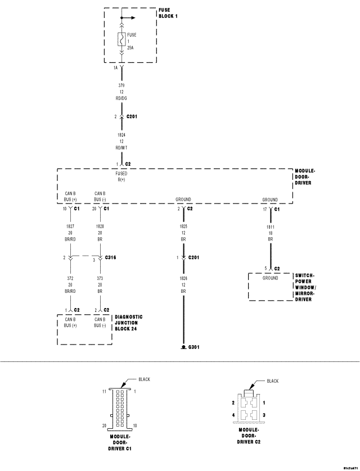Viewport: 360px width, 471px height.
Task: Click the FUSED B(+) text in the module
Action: pos(121,176)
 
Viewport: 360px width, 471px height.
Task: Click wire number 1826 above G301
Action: pos(183,278)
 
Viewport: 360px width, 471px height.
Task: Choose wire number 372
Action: pos(70,278)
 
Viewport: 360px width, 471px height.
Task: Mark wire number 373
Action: pos(100,278)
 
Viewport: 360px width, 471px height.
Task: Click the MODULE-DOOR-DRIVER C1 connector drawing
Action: pos(121,407)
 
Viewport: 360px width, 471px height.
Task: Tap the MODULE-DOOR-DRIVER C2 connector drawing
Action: pos(248,409)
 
